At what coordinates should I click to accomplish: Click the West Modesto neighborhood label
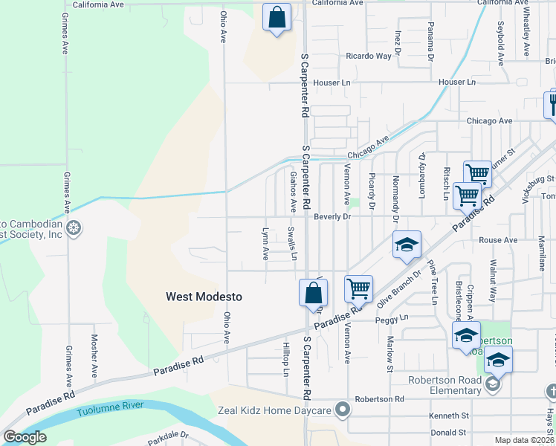pyautogui.click(x=204, y=297)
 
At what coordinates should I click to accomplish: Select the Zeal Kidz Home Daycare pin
pyautogui.click(x=343, y=409)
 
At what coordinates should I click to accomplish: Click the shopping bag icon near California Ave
pyautogui.click(x=277, y=18)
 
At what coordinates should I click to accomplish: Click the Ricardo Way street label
pyautogui.click(x=368, y=56)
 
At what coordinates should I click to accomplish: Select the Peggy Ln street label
pyautogui.click(x=394, y=317)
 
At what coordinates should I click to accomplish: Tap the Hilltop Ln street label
pyautogui.click(x=285, y=359)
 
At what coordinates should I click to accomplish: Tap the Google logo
pyautogui.click(x=25, y=436)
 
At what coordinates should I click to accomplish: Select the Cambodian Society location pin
pyautogui.click(x=74, y=227)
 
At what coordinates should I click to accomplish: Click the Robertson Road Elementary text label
pyautogui.click(x=446, y=381)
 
